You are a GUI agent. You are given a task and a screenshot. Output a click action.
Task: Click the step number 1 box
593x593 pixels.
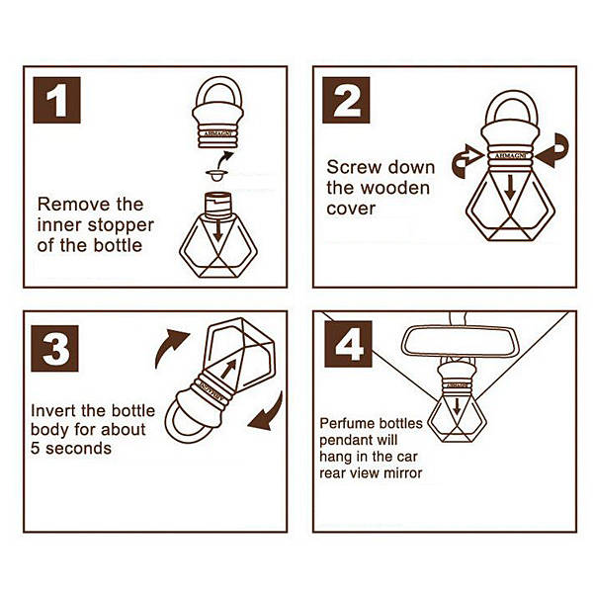tap(56, 100)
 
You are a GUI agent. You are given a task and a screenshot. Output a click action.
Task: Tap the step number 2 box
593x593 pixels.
tap(346, 100)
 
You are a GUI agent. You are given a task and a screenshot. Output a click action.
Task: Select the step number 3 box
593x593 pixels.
tap(54, 348)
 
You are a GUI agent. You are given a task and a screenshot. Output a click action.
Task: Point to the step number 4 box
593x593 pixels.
tap(348, 344)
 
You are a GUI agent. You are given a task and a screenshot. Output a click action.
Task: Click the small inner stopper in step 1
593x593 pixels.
tap(216, 175)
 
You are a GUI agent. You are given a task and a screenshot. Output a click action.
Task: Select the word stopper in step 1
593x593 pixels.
tap(121, 225)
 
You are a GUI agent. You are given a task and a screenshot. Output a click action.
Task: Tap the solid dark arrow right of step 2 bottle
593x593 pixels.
tap(552, 150)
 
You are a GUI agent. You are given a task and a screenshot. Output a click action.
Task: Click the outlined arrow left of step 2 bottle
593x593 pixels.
tap(467, 161)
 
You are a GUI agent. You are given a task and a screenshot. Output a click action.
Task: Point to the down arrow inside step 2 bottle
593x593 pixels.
tap(510, 187)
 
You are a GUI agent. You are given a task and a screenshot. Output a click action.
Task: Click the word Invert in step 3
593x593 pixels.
tap(52, 411)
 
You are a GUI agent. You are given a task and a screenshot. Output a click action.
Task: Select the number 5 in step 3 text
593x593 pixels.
tap(36, 449)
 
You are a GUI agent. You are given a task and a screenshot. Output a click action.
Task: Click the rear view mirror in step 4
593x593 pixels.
tap(459, 342)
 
